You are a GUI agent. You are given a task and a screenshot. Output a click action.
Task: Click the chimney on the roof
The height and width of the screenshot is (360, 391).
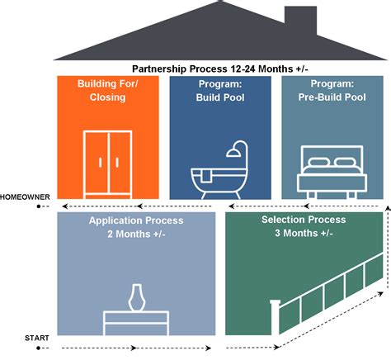[300, 20]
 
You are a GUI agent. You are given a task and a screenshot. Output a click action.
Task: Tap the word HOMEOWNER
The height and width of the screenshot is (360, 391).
[25, 197]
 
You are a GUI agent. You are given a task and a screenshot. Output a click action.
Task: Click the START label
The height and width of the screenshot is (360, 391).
[37, 338]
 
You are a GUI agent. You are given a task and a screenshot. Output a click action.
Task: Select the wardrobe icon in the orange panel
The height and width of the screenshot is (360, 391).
[107, 164]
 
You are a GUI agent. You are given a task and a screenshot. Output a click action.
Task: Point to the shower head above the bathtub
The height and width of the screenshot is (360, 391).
[233, 153]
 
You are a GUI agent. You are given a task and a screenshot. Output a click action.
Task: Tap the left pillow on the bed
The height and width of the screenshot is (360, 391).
[318, 162]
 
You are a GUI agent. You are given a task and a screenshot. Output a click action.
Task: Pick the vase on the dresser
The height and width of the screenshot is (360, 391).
[137, 297]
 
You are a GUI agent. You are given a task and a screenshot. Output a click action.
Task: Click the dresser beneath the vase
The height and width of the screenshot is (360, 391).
[136, 323]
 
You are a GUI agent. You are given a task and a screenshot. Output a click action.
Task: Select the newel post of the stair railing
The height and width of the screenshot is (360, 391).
[275, 317]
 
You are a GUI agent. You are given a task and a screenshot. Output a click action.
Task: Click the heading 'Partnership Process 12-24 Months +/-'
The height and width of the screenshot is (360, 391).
[220, 69]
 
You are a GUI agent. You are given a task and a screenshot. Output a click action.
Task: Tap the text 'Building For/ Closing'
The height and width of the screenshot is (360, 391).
[107, 91]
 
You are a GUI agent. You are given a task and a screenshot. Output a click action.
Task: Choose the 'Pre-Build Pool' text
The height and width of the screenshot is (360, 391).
[332, 97]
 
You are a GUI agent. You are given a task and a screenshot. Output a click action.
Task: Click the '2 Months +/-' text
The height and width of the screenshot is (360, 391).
[136, 234]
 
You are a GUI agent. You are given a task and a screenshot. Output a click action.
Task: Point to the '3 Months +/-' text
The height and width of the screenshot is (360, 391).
[304, 233]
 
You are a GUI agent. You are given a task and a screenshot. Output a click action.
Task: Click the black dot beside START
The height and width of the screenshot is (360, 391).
[39, 348]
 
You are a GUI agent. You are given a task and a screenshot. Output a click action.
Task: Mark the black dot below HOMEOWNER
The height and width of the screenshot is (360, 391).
[39, 206]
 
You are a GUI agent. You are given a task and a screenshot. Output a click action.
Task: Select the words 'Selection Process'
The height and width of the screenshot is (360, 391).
[304, 220]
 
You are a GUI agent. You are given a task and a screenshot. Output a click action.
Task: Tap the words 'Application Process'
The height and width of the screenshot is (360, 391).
[136, 220]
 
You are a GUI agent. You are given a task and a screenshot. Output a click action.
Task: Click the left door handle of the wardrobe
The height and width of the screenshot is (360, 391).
[101, 163]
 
